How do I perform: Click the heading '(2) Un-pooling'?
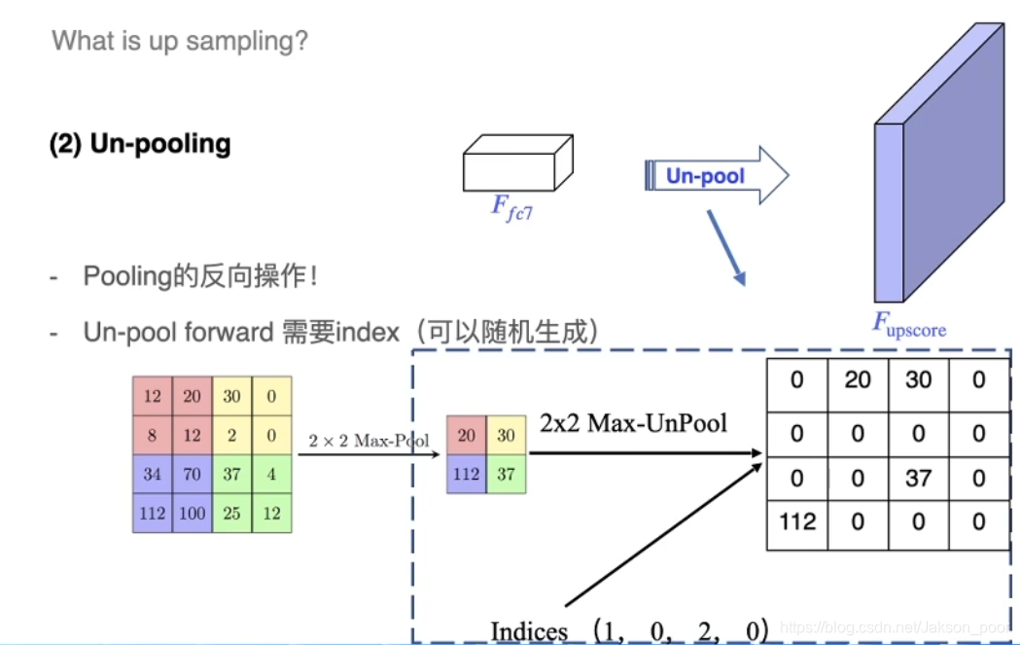coord(140,144)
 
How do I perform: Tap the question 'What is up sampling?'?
coord(180,41)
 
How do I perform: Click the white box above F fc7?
coord(515,162)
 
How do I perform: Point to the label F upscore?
coord(908,323)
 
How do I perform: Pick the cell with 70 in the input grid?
coord(193,474)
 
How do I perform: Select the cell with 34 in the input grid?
coord(153,474)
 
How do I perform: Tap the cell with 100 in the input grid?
coord(193,513)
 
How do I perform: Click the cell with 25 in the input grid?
coord(232,513)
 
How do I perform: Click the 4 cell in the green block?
coord(271,474)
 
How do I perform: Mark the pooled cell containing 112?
coord(467,474)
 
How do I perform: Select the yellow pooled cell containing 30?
coord(506,435)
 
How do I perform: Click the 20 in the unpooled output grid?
coord(857,379)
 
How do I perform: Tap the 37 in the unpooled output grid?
coord(918,478)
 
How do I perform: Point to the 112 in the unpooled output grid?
coord(796,522)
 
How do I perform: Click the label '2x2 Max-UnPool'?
coord(633,423)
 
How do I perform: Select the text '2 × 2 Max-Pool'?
coord(369,441)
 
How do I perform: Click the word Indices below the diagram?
coord(529,630)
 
